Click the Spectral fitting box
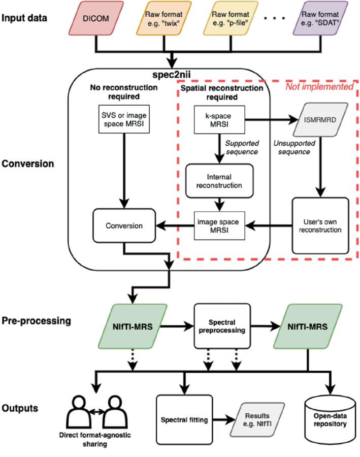tap(182, 420)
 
